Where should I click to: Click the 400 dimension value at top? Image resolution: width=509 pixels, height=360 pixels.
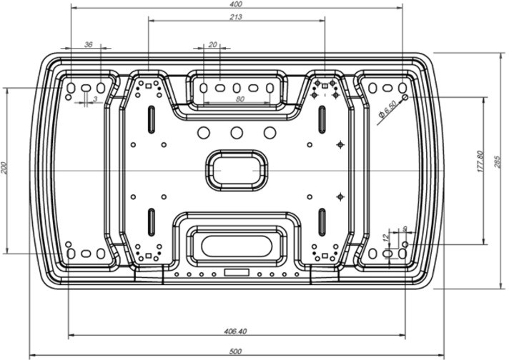point(236,4)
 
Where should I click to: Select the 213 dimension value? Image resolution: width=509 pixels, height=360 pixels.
point(236,17)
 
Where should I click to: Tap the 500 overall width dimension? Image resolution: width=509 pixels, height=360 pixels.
point(236,351)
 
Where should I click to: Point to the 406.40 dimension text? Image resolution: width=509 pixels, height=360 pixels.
point(236,331)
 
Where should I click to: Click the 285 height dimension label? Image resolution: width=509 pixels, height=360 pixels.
point(498,162)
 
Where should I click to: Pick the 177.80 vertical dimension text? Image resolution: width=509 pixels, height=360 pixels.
point(480,161)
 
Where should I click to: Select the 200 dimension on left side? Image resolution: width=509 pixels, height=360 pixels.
point(4,168)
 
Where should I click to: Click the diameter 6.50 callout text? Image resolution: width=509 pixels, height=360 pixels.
point(387,109)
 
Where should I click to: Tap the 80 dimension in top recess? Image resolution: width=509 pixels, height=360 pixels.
point(239,99)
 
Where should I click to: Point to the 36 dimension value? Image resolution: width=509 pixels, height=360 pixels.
point(89,44)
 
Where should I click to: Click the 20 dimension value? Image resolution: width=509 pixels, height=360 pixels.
point(212,44)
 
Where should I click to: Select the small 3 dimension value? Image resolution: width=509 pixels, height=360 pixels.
point(95,99)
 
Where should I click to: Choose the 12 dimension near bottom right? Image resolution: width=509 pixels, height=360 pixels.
point(385,237)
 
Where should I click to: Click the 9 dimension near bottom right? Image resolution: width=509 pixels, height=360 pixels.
point(405,229)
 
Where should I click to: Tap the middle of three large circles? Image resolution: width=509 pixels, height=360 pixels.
point(237,133)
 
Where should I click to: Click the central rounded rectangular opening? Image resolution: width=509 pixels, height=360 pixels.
point(237,171)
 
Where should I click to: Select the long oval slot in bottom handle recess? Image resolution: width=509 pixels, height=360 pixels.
point(237,246)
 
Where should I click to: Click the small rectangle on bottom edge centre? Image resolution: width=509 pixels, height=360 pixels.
point(237,272)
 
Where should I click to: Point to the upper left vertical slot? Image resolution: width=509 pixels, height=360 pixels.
point(152,119)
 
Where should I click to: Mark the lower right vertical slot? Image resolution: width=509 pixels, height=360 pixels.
point(322,222)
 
